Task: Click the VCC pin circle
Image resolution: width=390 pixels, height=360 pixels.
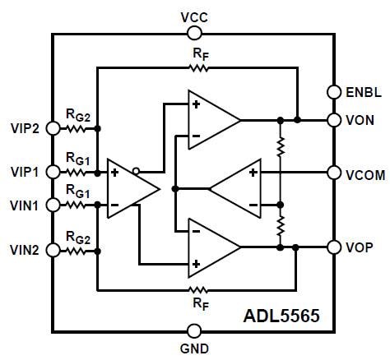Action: point(194,33)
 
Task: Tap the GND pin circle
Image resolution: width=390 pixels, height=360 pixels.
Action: point(194,330)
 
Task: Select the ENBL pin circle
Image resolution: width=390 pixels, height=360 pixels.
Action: point(334,92)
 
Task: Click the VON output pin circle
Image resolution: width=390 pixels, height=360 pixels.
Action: point(334,120)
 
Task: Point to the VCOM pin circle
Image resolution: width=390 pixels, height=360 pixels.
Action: point(334,173)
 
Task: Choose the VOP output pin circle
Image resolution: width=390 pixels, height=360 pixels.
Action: point(334,247)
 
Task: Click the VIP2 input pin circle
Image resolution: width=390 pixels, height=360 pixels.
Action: point(53,128)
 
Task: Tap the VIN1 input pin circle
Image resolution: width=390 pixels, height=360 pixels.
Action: point(53,203)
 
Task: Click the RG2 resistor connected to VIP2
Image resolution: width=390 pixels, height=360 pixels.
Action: point(77,128)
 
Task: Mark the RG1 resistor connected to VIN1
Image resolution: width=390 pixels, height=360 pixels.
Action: point(77,203)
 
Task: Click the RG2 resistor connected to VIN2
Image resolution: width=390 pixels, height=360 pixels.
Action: point(77,247)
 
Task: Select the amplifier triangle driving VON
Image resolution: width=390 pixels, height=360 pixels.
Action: point(211,120)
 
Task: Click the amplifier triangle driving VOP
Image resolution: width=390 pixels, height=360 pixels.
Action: point(211,247)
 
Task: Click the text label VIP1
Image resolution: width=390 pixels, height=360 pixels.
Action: point(24,172)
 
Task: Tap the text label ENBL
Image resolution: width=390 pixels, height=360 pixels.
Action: point(362,92)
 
